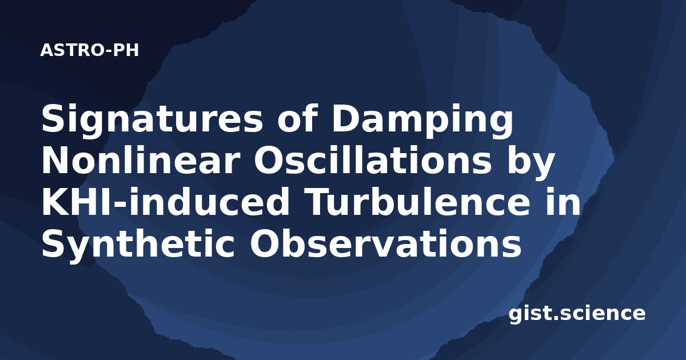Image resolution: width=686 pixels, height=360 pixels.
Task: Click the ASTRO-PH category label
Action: click(x=89, y=50)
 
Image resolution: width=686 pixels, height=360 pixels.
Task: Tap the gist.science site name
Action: click(x=577, y=314)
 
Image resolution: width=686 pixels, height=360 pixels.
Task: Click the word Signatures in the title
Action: click(x=152, y=119)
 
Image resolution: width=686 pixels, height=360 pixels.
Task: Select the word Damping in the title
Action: click(x=422, y=119)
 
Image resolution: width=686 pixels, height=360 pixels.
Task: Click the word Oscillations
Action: click(x=373, y=161)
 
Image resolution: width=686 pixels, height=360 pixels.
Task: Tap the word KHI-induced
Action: click(x=165, y=203)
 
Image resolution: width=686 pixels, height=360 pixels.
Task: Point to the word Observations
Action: click(x=385, y=244)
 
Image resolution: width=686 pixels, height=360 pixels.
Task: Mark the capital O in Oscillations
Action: click(x=268, y=161)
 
